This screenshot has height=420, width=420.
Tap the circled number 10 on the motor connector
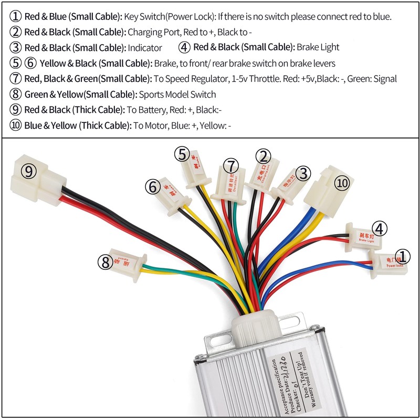(x=342, y=183)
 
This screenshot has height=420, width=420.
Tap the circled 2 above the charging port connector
(x=264, y=156)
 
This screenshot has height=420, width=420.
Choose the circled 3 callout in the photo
(x=303, y=172)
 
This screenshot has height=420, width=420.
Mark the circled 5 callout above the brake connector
(x=182, y=154)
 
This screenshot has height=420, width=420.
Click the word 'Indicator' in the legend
(x=145, y=48)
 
